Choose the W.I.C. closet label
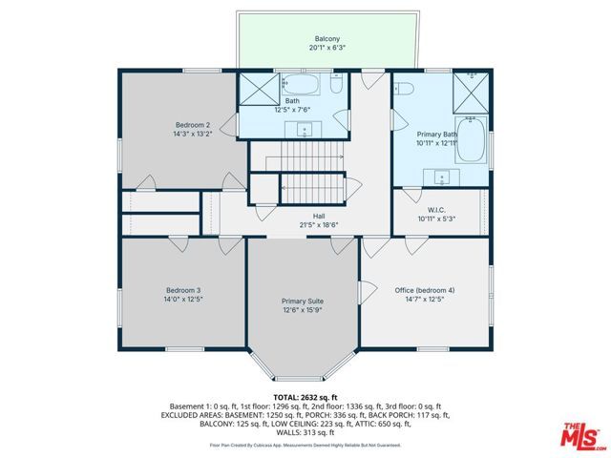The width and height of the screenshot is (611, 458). [x=437, y=209]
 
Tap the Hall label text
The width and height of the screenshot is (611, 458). [x=305, y=216]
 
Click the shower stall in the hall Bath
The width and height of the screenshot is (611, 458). [x=258, y=89]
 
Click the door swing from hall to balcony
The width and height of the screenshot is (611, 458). [x=366, y=81]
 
